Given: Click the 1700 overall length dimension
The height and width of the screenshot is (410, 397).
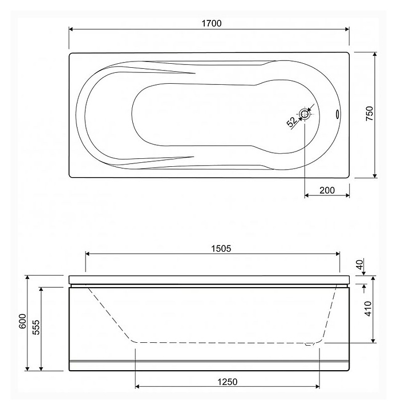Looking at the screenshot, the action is click(x=212, y=23).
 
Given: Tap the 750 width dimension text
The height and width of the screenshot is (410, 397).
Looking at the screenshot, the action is click(x=369, y=113).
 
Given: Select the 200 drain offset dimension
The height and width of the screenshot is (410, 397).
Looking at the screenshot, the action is click(x=327, y=190).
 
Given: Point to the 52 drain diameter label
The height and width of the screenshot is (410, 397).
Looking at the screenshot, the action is click(x=291, y=122).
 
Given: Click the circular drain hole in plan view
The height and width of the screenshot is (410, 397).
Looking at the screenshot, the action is click(x=305, y=114).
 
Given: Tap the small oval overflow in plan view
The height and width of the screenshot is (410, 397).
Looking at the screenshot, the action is click(x=338, y=114).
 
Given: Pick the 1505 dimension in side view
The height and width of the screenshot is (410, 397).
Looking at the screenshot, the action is click(x=221, y=248).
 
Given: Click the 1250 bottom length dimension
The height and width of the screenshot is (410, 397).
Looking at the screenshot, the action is click(x=228, y=382).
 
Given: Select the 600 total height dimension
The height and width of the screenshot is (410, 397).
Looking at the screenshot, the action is click(x=23, y=321).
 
